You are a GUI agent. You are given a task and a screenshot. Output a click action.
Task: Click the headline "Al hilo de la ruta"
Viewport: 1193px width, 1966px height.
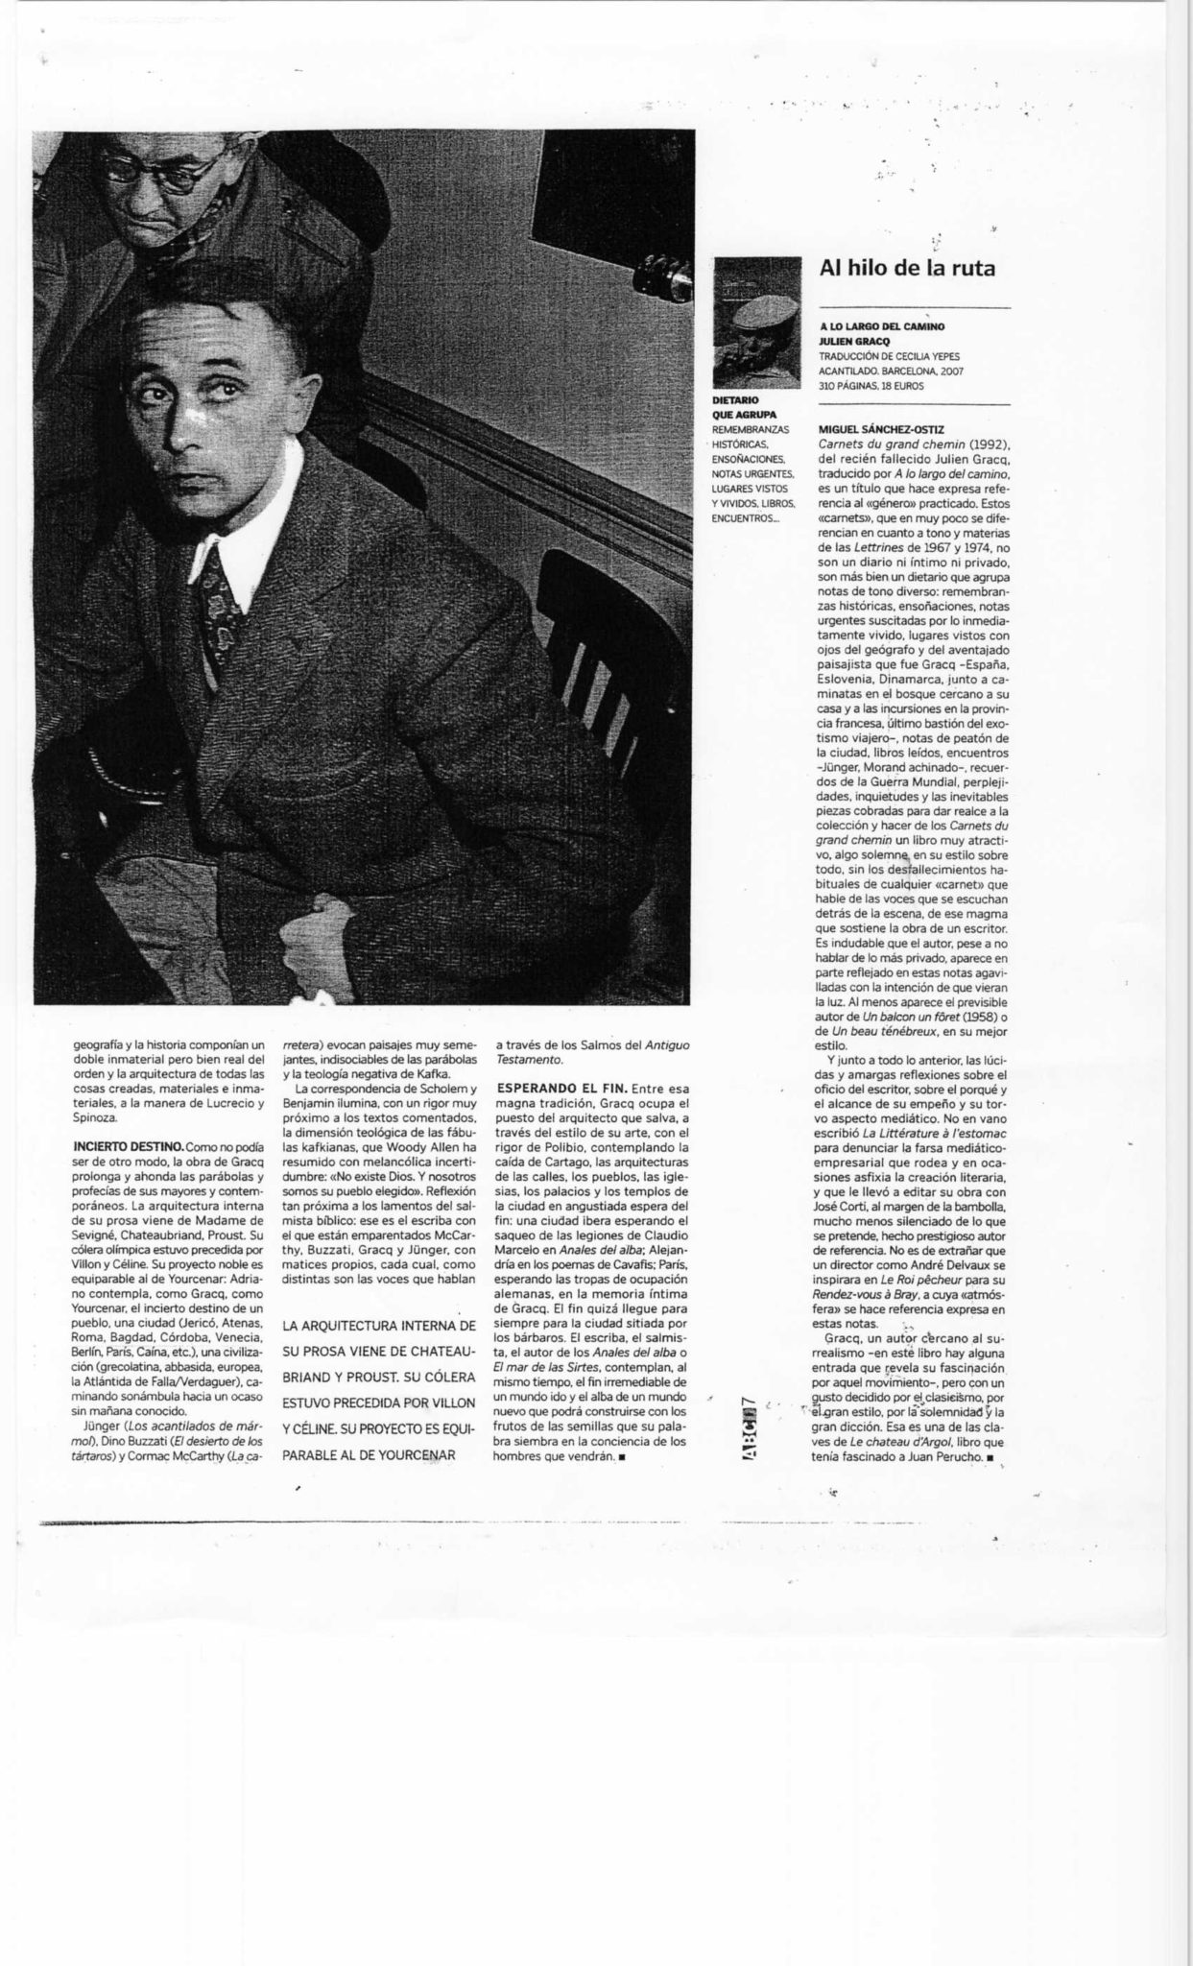tap(906, 268)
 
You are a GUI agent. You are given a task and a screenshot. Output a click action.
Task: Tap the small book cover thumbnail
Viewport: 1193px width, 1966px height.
tap(757, 323)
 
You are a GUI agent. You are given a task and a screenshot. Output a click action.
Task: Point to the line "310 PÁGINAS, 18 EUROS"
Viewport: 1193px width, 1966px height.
tap(871, 386)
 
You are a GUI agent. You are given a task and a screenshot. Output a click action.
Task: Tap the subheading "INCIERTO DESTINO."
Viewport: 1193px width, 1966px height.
tap(129, 1146)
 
